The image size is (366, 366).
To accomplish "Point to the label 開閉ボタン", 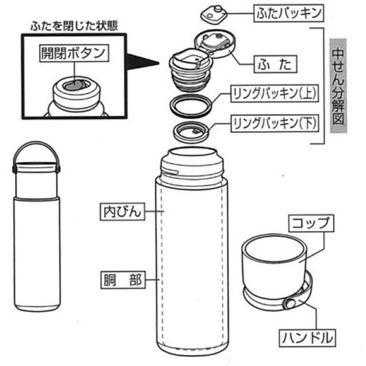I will (x=73, y=52).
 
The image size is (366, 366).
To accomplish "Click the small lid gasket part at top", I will (x=217, y=12).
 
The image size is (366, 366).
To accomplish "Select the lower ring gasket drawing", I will (x=191, y=130).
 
